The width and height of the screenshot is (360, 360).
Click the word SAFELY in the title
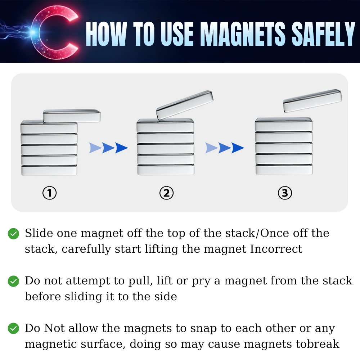[x=323, y=34]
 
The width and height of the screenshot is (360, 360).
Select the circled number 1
[x=49, y=193]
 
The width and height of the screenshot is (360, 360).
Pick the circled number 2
[x=166, y=193]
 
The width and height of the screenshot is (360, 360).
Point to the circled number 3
[x=285, y=193]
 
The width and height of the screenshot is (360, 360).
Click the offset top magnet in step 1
[x=72, y=116]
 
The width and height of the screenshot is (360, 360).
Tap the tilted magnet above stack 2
[x=185, y=105]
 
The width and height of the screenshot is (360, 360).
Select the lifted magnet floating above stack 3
[x=312, y=100]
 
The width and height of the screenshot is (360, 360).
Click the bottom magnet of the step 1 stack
[x=49, y=170]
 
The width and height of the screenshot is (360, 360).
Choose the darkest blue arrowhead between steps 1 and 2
[x=121, y=148]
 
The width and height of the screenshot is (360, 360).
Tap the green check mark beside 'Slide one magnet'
[x=14, y=234]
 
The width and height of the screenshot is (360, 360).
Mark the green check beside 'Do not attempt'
[x=14, y=281]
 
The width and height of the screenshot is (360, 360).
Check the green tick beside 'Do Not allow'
[x=14, y=329]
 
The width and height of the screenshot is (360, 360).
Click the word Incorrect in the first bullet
[x=276, y=249]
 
